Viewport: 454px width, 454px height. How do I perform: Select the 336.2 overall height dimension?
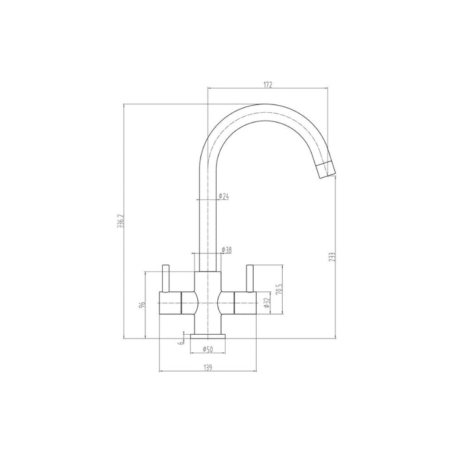click(118, 222)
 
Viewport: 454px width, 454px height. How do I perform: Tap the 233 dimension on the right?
click(332, 257)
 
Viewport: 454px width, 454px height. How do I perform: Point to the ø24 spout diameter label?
click(223, 196)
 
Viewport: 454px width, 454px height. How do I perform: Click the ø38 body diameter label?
click(227, 250)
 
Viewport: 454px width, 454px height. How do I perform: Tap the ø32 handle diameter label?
click(265, 302)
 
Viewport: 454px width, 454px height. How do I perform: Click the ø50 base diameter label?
click(208, 350)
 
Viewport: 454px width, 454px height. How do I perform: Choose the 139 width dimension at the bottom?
click(208, 367)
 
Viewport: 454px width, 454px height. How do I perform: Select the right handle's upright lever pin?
click(249, 278)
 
